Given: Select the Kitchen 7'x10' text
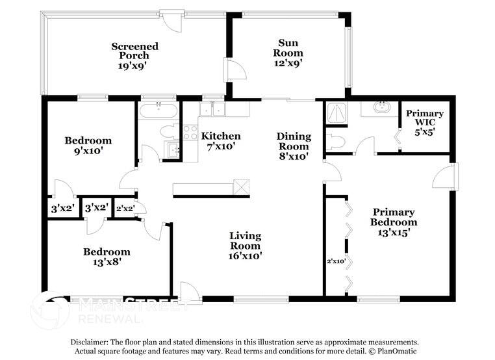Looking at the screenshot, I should [220, 141].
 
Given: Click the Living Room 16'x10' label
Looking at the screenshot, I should [245, 246].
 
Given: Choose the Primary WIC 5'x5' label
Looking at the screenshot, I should [425, 122].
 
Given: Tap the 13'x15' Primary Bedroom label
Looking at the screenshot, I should [394, 222].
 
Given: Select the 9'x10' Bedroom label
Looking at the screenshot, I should [88, 145].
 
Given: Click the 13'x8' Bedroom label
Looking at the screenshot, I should [106, 257].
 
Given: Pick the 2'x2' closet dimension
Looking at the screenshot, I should [124, 209].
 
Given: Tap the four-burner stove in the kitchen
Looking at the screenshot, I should [190, 133].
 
